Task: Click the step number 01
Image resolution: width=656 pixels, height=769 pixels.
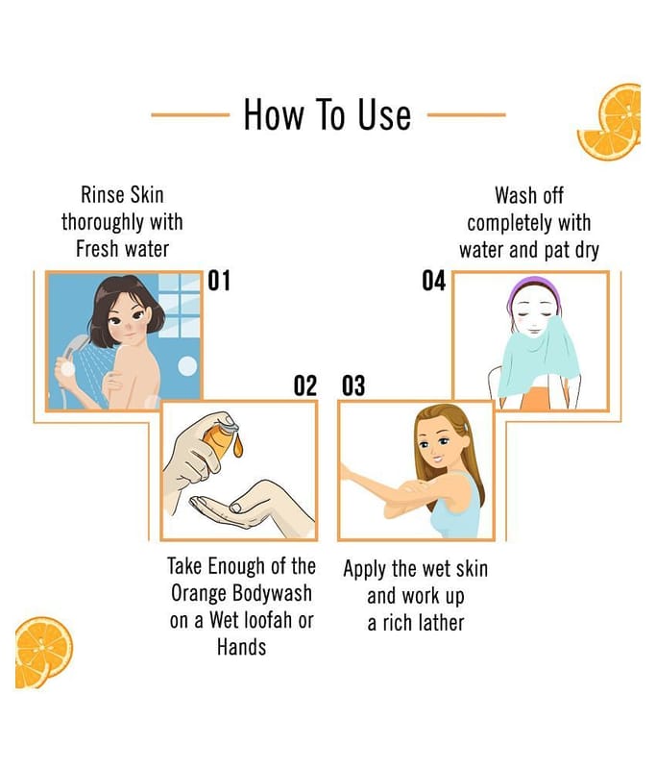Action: tap(219, 281)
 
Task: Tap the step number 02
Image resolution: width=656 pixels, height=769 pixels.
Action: tap(305, 385)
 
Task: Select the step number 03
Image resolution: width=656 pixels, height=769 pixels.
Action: tap(353, 385)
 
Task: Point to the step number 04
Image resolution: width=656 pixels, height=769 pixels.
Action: tap(433, 281)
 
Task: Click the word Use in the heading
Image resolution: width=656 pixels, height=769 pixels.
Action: tap(384, 114)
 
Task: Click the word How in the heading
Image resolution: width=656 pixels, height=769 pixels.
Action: tap(274, 114)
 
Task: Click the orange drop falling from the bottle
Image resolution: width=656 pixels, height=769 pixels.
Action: tap(237, 447)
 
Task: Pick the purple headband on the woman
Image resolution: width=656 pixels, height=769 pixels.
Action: tap(533, 290)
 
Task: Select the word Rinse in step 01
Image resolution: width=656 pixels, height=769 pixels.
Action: tap(102, 195)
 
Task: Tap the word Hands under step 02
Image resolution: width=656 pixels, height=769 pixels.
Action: tap(241, 647)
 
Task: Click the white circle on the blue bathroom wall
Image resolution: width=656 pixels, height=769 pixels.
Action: tap(187, 366)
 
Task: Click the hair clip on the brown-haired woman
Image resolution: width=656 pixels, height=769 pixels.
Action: tap(466, 427)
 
